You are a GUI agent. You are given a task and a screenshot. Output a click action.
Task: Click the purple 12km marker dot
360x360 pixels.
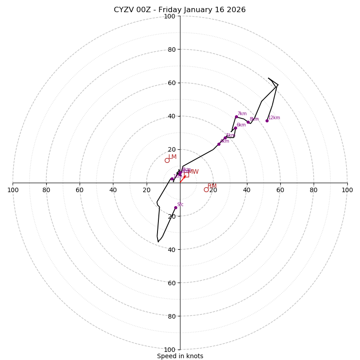(x=267, y=121)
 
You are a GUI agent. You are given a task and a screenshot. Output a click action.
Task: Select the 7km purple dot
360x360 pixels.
(x=236, y=117)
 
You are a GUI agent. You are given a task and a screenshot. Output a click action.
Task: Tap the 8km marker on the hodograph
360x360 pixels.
(x=248, y=122)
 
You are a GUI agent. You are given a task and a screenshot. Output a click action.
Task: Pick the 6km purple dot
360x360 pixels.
(x=235, y=128)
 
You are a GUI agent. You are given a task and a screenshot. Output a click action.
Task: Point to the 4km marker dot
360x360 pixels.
(x=219, y=144)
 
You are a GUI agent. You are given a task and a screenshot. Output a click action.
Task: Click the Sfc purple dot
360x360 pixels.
(x=175, y=207)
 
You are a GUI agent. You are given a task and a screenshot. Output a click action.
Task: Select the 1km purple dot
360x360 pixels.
(x=172, y=179)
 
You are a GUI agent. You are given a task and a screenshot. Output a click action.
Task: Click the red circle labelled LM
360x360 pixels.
(x=167, y=160)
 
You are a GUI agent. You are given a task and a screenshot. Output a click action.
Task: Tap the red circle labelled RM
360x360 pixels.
(x=206, y=189)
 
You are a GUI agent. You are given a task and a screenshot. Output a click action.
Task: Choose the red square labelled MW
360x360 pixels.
(x=186, y=175)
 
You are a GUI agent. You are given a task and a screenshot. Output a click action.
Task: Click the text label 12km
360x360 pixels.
(x=274, y=118)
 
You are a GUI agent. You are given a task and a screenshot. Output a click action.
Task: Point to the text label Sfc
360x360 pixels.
(x=180, y=205)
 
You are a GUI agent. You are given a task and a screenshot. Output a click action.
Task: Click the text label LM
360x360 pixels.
(x=172, y=157)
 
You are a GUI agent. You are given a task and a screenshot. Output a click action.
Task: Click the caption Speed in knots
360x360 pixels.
(x=180, y=356)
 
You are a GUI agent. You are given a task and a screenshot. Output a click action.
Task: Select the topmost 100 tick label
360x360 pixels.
(x=170, y=17)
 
